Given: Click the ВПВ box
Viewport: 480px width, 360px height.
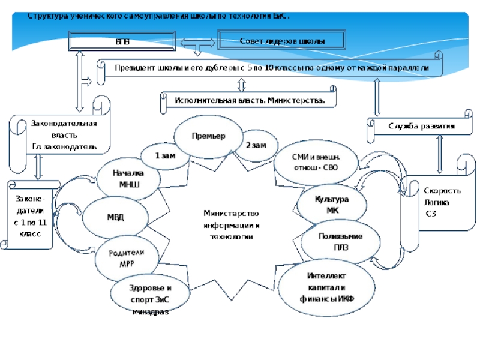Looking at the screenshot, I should [x=122, y=42].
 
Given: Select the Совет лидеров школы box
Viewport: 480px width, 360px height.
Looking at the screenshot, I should [x=282, y=41].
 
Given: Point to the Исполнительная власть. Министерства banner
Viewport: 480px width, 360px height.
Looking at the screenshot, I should [x=250, y=101].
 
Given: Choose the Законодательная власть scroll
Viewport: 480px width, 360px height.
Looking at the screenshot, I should [x=62, y=134].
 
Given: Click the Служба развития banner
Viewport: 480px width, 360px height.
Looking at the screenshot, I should [x=420, y=127].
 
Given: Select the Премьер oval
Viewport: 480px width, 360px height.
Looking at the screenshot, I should [x=208, y=136].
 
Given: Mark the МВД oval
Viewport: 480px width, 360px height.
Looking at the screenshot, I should [x=115, y=217].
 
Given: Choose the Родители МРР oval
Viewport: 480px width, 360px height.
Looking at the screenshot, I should [x=127, y=258].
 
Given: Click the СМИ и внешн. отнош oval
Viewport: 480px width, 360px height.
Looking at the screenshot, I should [x=314, y=162].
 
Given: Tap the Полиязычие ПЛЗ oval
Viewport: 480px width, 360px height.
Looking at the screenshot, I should [x=340, y=241].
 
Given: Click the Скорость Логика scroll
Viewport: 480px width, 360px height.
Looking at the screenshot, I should [x=441, y=202].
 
